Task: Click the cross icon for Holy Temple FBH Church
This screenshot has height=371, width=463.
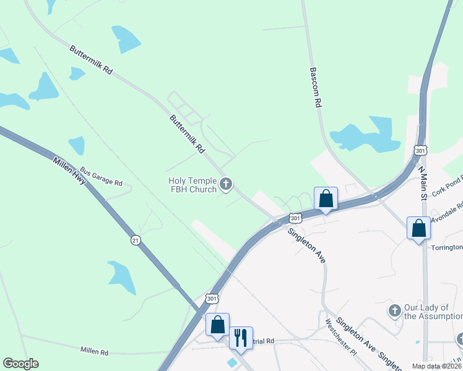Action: [227, 184]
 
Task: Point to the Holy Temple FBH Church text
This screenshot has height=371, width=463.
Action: [193, 185]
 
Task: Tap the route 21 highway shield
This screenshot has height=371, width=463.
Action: [135, 239]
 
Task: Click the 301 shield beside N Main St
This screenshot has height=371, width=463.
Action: [421, 150]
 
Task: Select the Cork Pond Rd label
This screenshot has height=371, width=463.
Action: [448, 185]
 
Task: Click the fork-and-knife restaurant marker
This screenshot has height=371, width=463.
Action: [241, 338]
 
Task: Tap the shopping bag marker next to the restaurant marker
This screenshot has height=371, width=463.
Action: [218, 325]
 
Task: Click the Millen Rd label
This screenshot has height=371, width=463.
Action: [94, 351]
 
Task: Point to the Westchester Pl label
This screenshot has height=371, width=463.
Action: [342, 337]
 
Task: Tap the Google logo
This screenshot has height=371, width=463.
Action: [20, 364]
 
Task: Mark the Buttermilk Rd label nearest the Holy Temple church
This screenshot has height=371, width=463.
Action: [188, 134]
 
